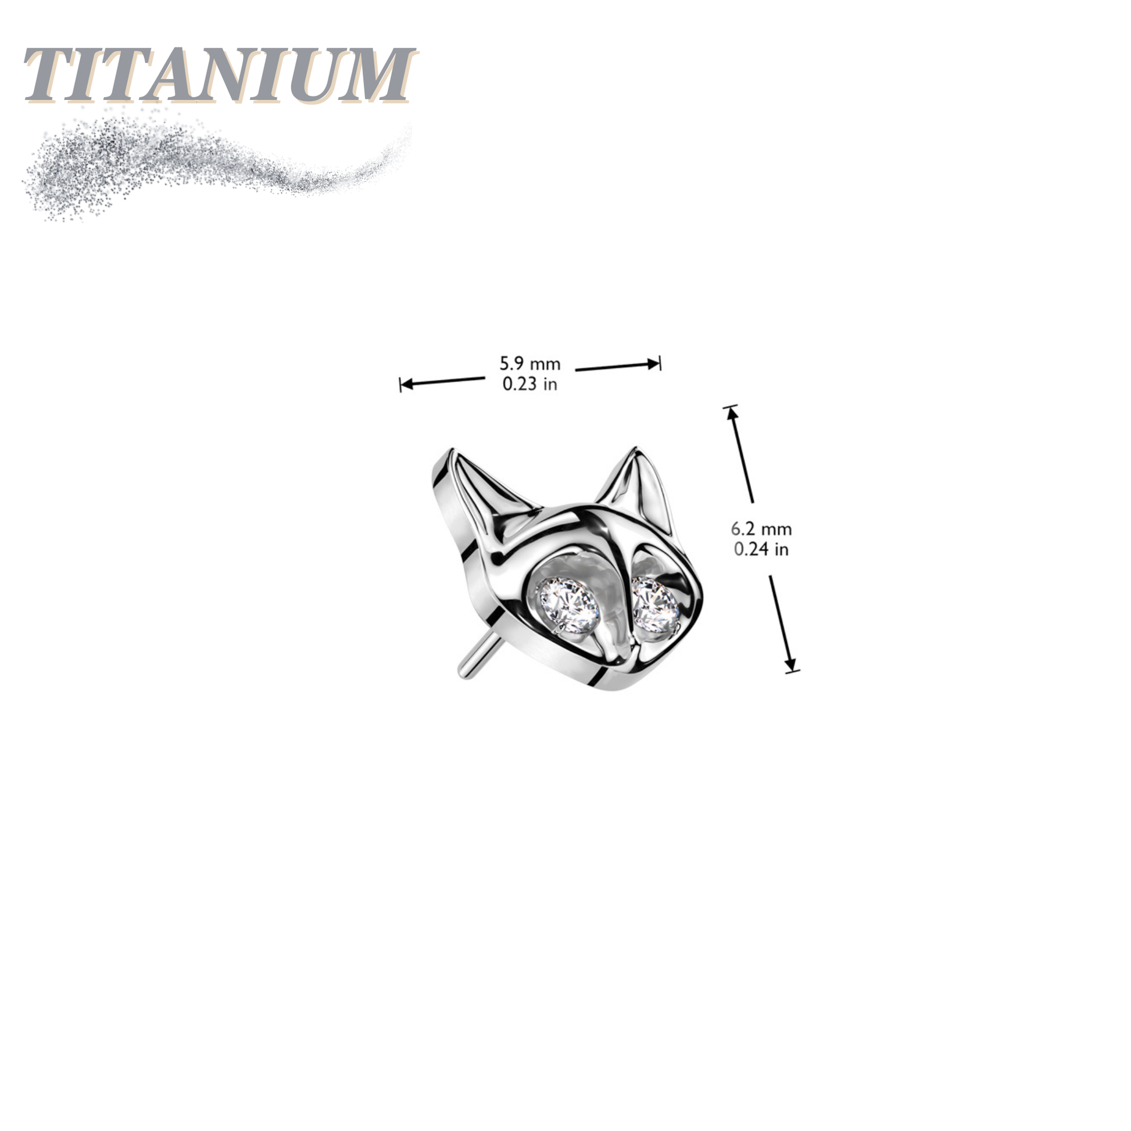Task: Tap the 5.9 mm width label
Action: tap(529, 364)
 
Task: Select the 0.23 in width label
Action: tap(529, 385)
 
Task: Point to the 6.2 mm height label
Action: tap(761, 529)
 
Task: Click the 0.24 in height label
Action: tap(761, 550)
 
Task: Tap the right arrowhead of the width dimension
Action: tap(653, 364)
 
